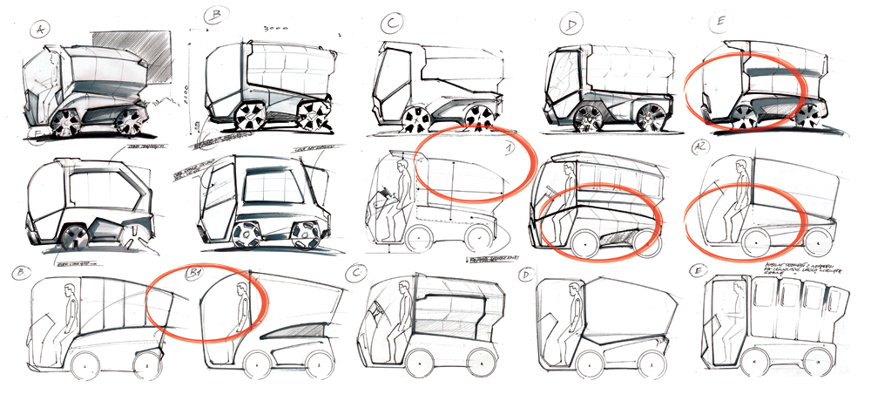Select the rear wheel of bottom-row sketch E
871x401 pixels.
point(819,359)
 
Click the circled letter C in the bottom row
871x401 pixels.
point(355,274)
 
